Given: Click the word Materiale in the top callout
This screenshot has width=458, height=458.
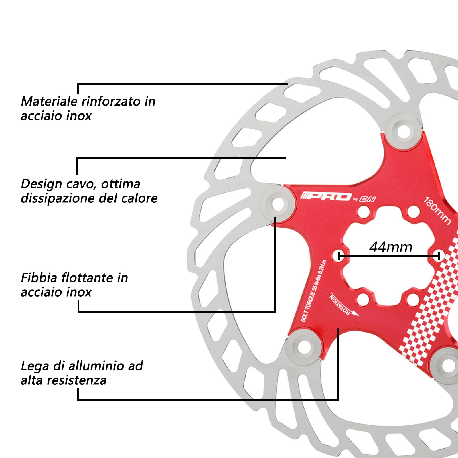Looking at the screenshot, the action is tap(49, 101).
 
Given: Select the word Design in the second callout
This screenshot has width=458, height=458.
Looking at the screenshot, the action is tap(42, 184).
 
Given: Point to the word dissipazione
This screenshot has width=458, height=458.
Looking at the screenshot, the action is tap(58, 198).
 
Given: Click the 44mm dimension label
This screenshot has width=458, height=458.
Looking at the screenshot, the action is tap(391, 247).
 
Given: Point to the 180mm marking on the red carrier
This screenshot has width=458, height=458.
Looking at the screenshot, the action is tap(437, 210).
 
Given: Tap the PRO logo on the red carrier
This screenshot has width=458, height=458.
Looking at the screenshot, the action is tap(326, 196).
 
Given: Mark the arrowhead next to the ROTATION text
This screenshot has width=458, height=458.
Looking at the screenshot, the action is tap(356, 313).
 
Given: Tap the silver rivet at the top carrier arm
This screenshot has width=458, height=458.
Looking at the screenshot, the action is tap(404, 131).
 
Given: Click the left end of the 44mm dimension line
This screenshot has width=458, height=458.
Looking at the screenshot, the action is tap(339, 256).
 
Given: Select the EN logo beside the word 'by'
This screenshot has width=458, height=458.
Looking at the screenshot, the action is tap(368, 199).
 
